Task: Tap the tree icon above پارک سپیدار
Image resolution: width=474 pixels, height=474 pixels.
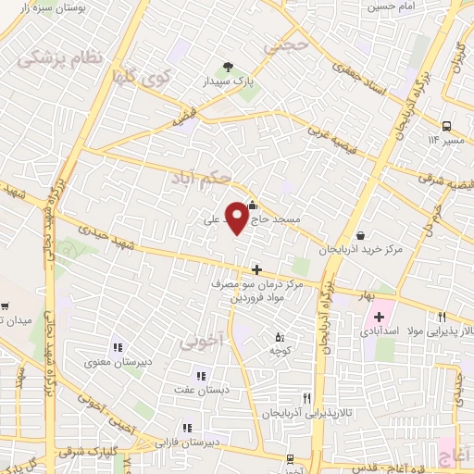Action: click(x=229, y=67)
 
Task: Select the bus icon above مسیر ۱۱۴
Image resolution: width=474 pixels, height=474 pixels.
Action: click(x=446, y=125)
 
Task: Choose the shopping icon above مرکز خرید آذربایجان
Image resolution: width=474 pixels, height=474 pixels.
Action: click(x=360, y=235)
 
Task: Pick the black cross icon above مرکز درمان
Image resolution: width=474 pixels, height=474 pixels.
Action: click(x=256, y=269)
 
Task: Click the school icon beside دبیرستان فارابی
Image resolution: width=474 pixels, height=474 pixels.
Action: click(x=186, y=428)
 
